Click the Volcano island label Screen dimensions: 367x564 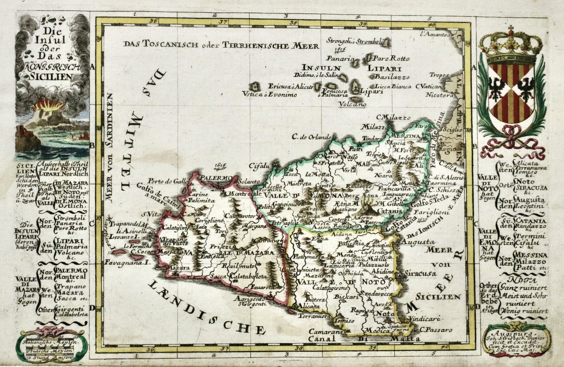(x=352, y=105)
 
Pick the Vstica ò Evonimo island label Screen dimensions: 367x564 (x=269, y=94)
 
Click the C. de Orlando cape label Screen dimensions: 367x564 (x=311, y=136)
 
